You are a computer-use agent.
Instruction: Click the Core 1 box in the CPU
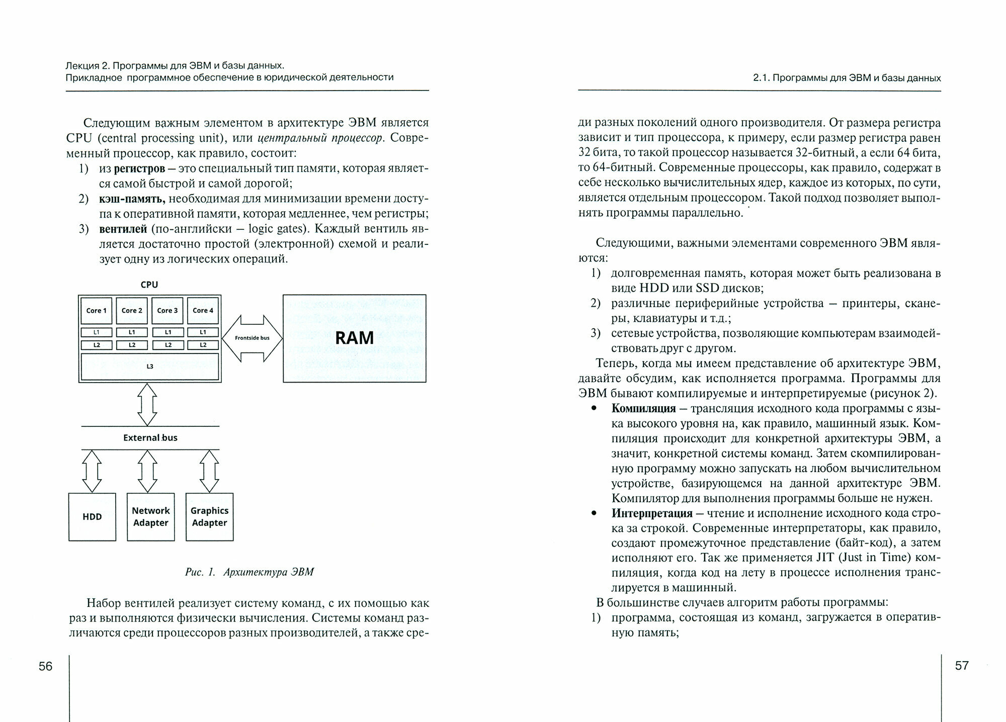click(96, 311)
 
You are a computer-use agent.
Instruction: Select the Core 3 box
click(167, 311)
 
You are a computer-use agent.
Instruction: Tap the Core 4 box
click(203, 311)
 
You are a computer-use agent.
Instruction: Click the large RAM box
click(354, 338)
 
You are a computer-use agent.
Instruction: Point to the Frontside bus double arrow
click(252, 338)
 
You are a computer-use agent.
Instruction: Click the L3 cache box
click(150, 367)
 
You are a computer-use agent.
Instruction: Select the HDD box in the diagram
click(92, 516)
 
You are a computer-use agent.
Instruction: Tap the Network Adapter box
click(151, 516)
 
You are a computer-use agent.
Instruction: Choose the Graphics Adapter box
click(209, 516)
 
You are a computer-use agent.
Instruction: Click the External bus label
click(150, 437)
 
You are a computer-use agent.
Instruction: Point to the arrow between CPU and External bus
click(147, 404)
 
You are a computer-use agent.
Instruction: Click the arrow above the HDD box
click(92, 471)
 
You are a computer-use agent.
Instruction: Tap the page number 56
click(45, 666)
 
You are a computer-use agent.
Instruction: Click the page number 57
click(961, 665)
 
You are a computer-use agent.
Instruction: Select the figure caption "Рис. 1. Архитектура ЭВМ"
click(249, 572)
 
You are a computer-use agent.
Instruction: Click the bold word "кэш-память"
click(132, 199)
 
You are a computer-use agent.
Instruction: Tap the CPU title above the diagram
click(149, 285)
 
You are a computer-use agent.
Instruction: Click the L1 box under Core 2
click(132, 332)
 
